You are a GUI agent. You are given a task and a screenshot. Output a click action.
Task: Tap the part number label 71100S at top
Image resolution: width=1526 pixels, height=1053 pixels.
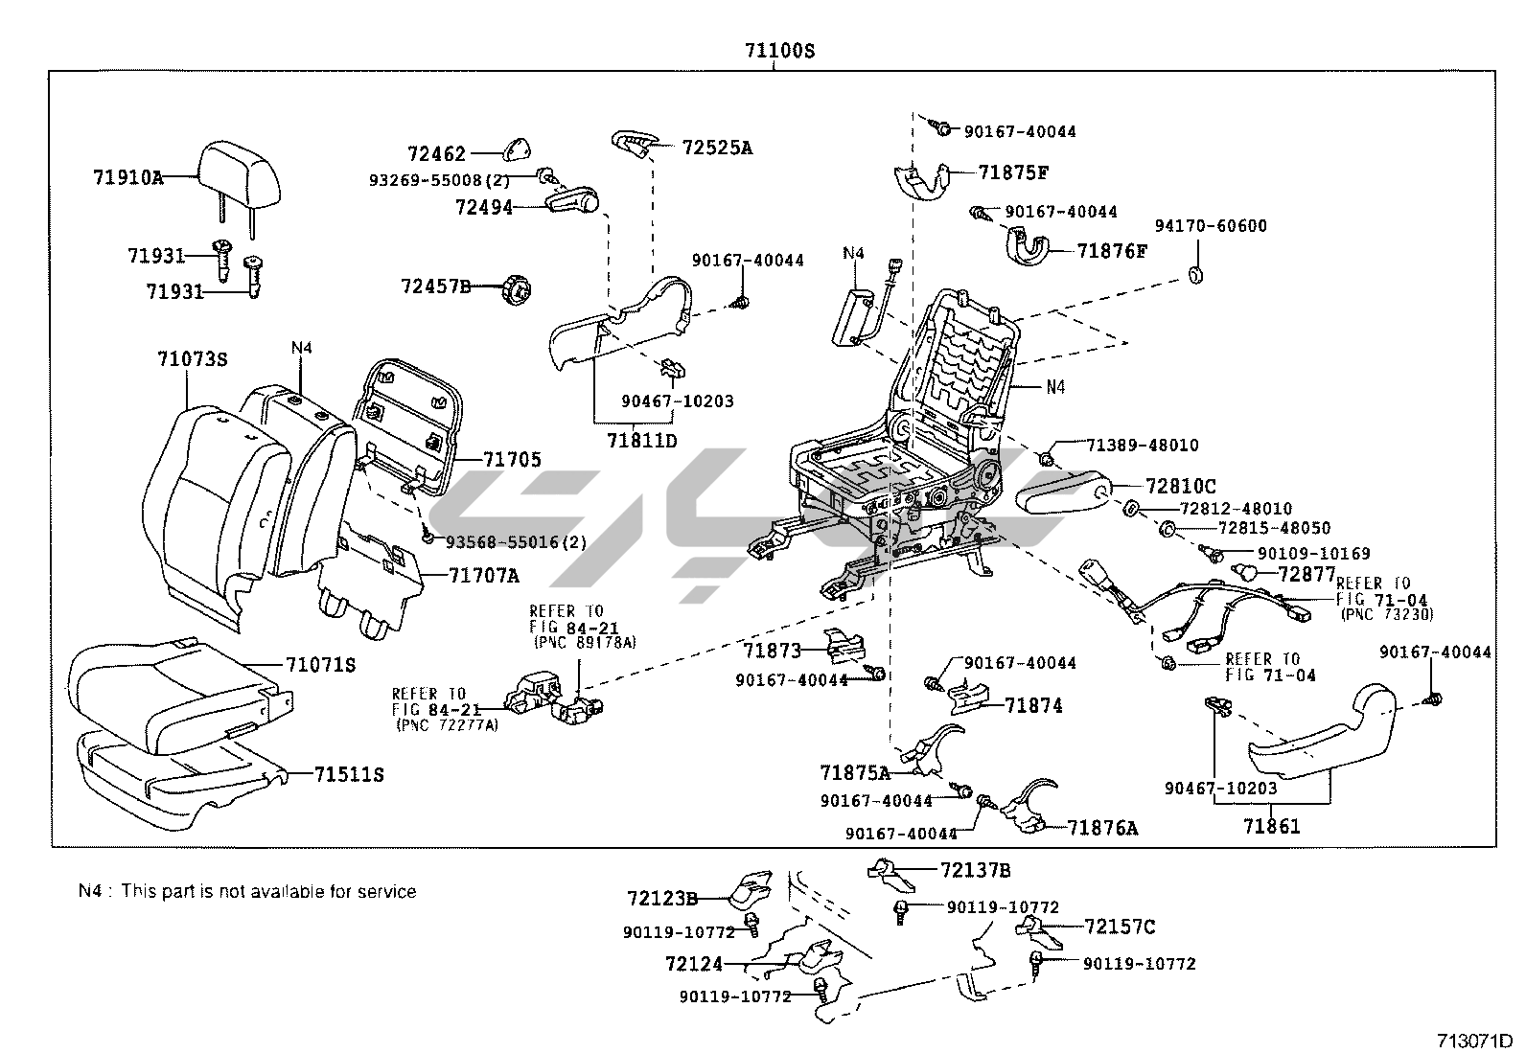(x=779, y=51)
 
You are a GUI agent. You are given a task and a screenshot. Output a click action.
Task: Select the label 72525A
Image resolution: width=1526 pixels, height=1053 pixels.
(x=717, y=148)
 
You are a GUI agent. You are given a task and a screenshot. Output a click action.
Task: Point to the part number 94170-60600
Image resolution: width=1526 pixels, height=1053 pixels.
(x=1210, y=226)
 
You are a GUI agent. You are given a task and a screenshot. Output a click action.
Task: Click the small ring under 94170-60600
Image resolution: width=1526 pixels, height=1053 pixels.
(x=1196, y=277)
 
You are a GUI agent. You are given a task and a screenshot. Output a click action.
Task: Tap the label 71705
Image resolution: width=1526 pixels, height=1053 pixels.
(x=512, y=460)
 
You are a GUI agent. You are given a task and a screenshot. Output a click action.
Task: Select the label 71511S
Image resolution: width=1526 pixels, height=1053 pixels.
(x=349, y=774)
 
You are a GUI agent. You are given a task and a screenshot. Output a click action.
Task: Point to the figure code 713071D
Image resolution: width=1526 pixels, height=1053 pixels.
(x=1473, y=1041)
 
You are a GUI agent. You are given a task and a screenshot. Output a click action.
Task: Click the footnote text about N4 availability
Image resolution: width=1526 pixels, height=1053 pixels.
(x=247, y=891)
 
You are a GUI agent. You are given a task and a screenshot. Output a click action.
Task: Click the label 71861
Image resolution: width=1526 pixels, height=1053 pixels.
(x=1272, y=825)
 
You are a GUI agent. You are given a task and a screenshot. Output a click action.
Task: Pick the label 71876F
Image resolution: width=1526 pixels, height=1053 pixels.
(x=1112, y=251)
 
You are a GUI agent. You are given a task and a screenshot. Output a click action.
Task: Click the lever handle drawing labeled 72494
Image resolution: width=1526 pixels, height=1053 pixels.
(x=572, y=202)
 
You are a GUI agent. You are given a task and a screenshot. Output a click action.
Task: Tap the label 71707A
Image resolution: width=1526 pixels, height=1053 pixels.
(x=483, y=576)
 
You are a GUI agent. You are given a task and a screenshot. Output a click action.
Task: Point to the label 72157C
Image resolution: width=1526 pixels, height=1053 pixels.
(x=1120, y=927)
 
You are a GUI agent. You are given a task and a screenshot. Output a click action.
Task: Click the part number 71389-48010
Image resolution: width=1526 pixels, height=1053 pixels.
(x=1143, y=446)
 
